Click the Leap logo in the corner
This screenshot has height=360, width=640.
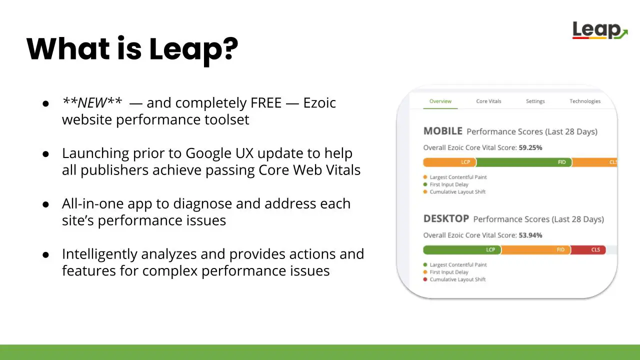point(599,30)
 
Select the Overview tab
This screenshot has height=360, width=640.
point(440,101)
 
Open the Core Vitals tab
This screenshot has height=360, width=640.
point(488,101)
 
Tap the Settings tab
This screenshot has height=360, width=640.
point(535,101)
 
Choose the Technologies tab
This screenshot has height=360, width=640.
point(585,101)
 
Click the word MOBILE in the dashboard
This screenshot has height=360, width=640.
point(443,131)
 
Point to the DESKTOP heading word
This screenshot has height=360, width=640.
point(446,218)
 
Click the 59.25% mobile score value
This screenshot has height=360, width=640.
point(530,147)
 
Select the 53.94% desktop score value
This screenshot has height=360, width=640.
point(530,235)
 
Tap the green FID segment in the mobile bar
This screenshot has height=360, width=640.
point(524,162)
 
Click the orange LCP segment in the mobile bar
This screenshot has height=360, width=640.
point(449,162)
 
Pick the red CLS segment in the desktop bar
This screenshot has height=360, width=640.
point(588,249)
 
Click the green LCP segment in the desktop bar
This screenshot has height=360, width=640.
point(462,249)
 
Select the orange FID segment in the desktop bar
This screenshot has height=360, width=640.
point(535,249)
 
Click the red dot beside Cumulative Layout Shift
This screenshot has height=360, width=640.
point(425,279)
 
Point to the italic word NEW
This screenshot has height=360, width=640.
point(92,102)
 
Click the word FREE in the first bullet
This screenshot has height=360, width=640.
point(266,103)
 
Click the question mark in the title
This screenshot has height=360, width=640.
point(231,48)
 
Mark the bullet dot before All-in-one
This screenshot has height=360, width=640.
point(45,204)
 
